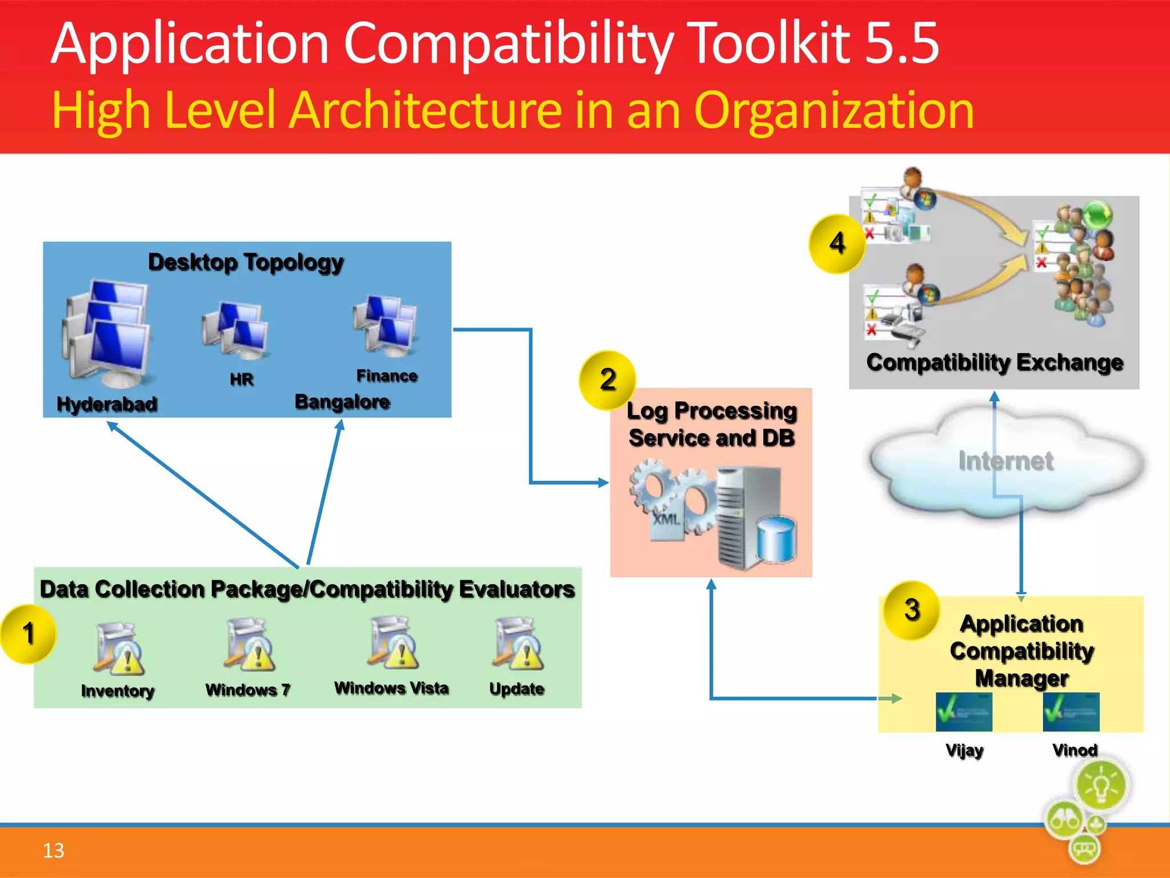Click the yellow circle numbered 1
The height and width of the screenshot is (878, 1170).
point(29,634)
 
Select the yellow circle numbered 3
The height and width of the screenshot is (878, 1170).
point(912,610)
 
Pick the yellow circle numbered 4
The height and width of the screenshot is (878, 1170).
point(837,244)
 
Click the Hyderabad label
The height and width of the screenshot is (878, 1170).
point(107,404)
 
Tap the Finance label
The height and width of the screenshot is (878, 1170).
point(387,376)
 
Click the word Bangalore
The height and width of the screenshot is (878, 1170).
point(342,402)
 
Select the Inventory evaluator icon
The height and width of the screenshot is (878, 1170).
point(119,648)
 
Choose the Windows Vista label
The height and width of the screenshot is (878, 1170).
point(391,688)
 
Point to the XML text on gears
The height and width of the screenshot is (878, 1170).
point(667,519)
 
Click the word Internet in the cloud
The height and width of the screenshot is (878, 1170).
point(1005,461)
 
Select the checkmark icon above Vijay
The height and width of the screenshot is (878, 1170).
point(964,712)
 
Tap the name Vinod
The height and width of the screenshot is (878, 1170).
point(1075,750)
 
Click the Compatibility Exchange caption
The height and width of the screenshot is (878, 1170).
point(995,362)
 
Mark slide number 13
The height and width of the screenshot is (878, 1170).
point(54,851)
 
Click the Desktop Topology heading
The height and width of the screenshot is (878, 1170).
point(246,262)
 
